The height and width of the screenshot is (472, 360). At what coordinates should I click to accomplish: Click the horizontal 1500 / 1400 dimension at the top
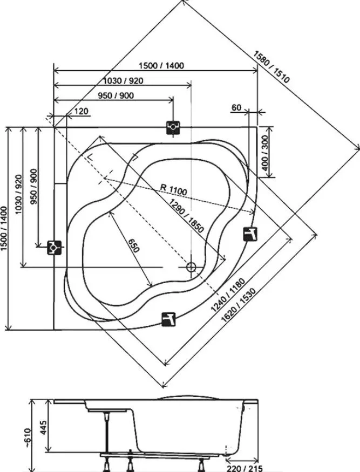pos(161,65)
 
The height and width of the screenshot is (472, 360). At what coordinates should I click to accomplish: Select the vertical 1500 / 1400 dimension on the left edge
pos(4,229)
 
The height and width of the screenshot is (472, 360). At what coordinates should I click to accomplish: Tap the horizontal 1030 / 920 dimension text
pos(123,80)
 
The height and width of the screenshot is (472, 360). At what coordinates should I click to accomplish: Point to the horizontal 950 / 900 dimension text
pos(116,95)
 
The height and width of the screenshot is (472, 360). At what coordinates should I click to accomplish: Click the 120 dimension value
pos(81,111)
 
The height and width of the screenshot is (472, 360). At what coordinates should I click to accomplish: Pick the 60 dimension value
pos(237,107)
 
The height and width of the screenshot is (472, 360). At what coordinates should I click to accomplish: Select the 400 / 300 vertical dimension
pos(265,153)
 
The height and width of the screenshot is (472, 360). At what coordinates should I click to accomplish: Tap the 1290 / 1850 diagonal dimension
pos(186,216)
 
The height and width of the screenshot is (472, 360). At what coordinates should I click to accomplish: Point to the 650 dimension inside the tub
pos(133,245)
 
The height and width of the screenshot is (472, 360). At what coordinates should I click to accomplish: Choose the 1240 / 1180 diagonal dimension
pos(228,295)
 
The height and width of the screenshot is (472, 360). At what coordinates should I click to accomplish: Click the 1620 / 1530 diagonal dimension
pos(239,305)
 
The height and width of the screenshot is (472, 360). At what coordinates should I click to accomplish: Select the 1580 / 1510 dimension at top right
pos(271,66)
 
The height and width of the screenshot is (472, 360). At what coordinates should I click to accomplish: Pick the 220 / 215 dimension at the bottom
pos(244,468)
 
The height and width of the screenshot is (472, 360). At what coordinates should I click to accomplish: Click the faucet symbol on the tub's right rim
pos(250,234)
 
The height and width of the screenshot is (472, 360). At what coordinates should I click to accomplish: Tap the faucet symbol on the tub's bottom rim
pos(168,319)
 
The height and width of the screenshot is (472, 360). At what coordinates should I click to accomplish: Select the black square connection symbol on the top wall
pos(173,127)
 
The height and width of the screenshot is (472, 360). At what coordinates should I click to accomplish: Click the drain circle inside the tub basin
pos(191,266)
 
